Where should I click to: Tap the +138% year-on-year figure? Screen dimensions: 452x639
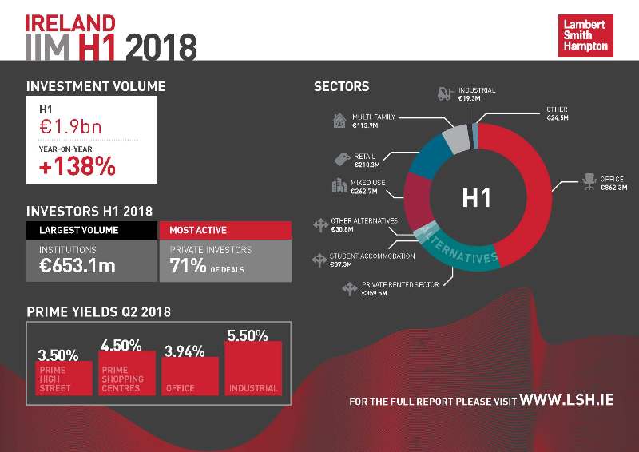click(77, 167)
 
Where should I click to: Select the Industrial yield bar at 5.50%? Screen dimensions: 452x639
click(253, 368)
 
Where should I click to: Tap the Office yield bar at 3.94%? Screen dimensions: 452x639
click(189, 375)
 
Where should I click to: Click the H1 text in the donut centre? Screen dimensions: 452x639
click(476, 197)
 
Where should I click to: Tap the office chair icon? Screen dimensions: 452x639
click(589, 181)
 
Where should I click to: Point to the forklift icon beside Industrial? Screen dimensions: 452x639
click(446, 94)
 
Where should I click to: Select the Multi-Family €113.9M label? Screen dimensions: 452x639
click(374, 121)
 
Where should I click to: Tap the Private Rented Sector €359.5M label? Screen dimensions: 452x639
click(399, 288)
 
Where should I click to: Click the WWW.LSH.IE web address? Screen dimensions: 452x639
click(566, 399)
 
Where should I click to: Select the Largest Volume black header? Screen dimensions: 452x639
click(91, 230)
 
